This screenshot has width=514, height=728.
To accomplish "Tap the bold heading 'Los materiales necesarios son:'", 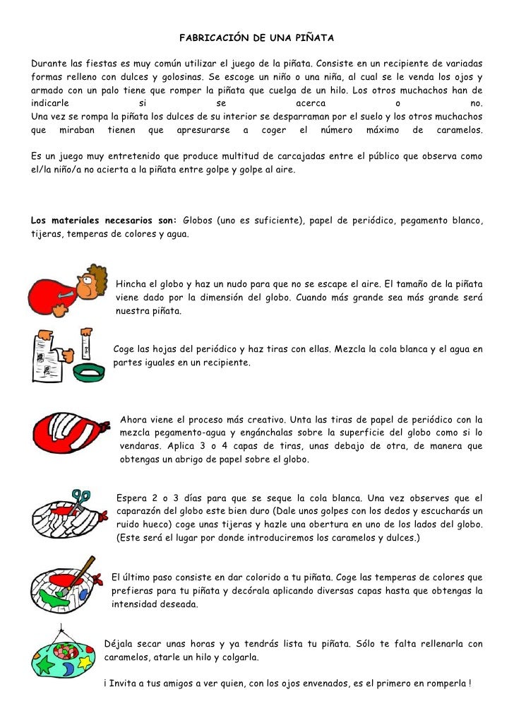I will click(105, 222).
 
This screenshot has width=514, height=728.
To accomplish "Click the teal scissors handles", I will click(83, 496).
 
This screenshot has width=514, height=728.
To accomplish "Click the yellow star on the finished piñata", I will click(85, 662).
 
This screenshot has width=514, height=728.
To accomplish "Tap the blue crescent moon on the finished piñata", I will click(68, 667).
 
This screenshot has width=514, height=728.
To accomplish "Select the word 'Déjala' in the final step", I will click(120, 644).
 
